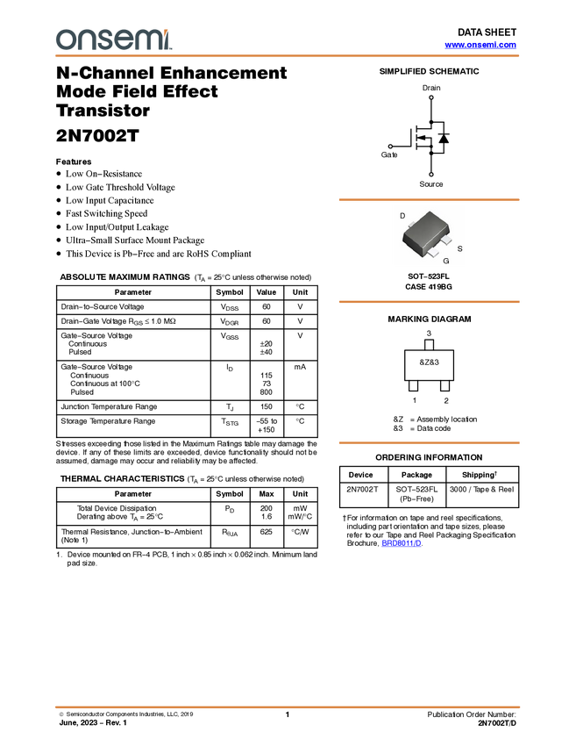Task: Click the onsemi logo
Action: tap(114, 39)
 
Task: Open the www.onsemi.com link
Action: tap(480, 45)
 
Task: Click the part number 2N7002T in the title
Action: tap(97, 135)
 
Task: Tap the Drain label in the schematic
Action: tap(431, 88)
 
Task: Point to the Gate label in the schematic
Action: tap(389, 154)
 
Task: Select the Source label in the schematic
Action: tap(431, 184)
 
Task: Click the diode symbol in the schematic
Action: tap(444, 138)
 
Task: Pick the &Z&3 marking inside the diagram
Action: tap(429, 362)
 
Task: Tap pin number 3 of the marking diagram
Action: tap(429, 334)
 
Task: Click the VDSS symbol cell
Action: tap(230, 307)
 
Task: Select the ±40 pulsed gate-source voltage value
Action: tap(267, 352)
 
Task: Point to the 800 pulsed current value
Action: tap(267, 392)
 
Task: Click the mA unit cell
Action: tap(300, 367)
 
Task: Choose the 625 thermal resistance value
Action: tap(267, 532)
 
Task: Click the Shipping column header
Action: tap(480, 475)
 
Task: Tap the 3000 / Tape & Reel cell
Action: tap(482, 489)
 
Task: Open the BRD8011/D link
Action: tap(402, 543)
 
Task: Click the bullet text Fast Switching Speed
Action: tap(106, 213)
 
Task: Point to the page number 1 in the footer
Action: tap(287, 714)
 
